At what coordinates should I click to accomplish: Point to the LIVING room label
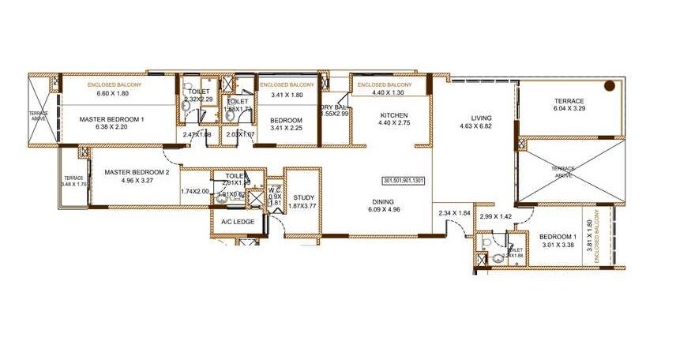(482, 118)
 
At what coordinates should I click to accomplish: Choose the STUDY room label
(303, 197)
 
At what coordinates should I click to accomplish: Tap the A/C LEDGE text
(238, 222)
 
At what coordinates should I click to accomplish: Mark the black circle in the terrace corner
(610, 85)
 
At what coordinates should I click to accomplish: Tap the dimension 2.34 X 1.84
(454, 213)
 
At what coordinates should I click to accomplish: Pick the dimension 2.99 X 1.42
(497, 216)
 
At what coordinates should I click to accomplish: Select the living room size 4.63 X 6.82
(481, 126)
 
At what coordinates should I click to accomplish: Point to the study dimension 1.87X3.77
(303, 206)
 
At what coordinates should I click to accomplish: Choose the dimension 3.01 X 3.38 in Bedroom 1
(558, 245)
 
